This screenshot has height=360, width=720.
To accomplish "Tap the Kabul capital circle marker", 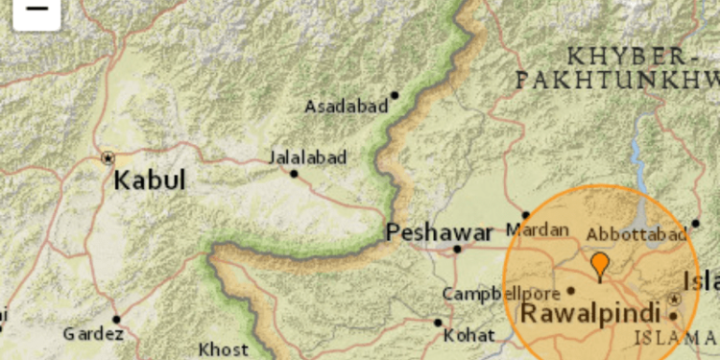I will coord(107,156).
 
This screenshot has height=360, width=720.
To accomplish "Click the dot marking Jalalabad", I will coord(294,174).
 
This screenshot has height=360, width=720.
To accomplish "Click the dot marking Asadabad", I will coord(395,95).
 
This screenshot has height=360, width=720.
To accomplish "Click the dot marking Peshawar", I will coord(458,249).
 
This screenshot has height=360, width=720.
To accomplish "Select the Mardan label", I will coord(531,231).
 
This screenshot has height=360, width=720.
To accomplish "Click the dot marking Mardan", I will coord(525,215).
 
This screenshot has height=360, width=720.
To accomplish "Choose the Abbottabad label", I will coord(636,235).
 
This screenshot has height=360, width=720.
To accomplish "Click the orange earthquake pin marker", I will coord(600,264).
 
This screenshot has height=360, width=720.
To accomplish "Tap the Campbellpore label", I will coord(500,294).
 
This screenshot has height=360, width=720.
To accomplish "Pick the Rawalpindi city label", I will coord(590,314).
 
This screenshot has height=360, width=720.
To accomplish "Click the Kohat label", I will coord(469,335).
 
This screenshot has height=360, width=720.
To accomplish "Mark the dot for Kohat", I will coord(438,323).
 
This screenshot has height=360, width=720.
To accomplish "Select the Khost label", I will coord(223,349).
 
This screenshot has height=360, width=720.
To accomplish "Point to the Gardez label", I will coord(93,334).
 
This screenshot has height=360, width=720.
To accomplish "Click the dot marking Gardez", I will coord(116,319).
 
